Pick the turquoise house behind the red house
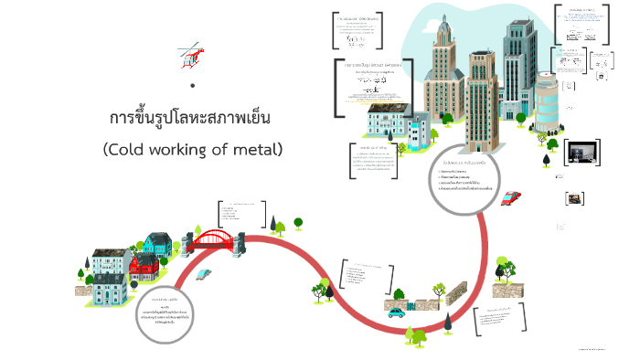click(156, 244)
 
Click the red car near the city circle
click(512, 197)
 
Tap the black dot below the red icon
click(193, 86)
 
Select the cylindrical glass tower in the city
click(546, 101)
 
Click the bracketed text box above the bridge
click(241, 213)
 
